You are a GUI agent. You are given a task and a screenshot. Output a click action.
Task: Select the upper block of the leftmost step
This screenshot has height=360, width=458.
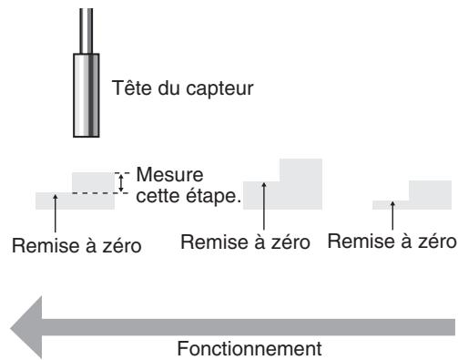coord(93,181)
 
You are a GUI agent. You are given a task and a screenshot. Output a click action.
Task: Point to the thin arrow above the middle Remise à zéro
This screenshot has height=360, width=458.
coord(264,205)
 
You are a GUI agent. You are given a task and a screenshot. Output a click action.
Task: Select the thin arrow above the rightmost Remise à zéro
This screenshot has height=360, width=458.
coord(393,216)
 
